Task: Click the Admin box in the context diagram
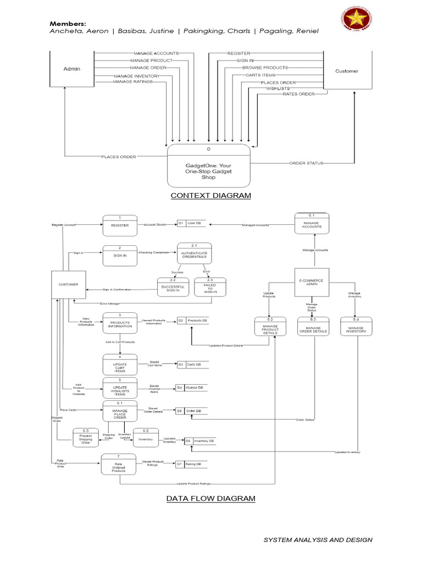coord(71,69)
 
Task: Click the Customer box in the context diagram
coord(346,71)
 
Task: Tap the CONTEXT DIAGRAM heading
coord(210,196)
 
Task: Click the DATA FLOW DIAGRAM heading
coord(211,499)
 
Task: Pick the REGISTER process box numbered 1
coord(120,225)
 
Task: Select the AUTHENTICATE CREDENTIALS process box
coord(194,254)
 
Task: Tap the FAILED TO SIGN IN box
coord(210,288)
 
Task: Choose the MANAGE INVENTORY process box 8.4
coord(357,329)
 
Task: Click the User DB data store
coord(191,223)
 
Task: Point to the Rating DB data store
coord(191,464)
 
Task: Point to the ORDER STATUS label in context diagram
coord(306,163)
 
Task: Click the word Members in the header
coord(68,24)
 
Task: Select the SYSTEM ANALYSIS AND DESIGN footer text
coord(318,540)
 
